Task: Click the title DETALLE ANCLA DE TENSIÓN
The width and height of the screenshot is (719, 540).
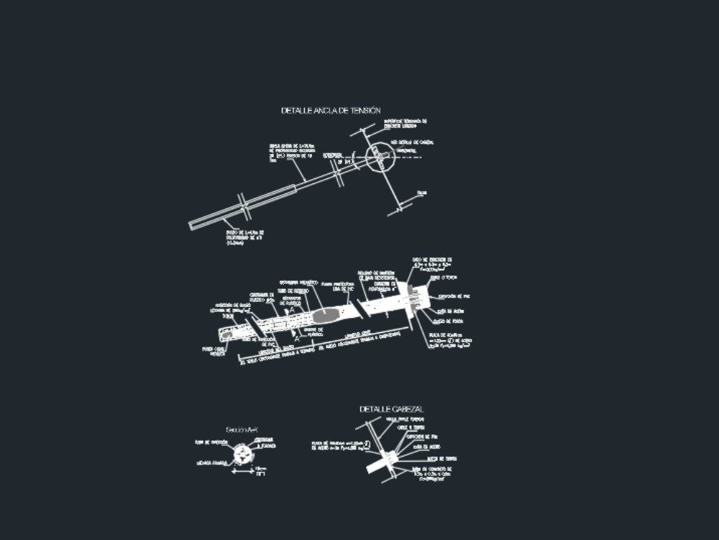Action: (330, 111)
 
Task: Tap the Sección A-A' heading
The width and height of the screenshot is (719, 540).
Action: (242, 429)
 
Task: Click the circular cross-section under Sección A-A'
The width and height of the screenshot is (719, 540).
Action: (243, 453)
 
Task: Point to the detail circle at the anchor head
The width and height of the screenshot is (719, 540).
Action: (377, 158)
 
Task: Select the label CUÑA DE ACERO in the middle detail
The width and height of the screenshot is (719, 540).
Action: (446, 311)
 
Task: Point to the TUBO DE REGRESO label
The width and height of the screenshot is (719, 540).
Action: (293, 291)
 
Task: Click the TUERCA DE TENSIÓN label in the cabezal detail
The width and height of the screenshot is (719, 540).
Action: (441, 458)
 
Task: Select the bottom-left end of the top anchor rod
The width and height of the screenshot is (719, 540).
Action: (192, 226)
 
